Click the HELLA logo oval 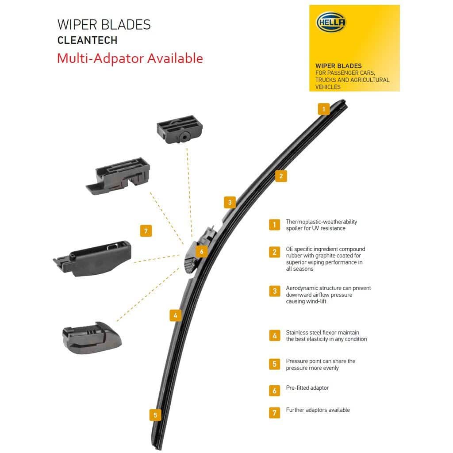pyautogui.click(x=331, y=22)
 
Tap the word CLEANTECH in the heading pyautogui.click(x=87, y=40)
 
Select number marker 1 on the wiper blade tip pyautogui.click(x=324, y=109)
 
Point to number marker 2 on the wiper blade pyautogui.click(x=280, y=176)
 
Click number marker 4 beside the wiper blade pyautogui.click(x=176, y=315)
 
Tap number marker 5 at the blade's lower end pyautogui.click(x=155, y=415)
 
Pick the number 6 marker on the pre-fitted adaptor pyautogui.click(x=201, y=252)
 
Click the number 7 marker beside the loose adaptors pyautogui.click(x=146, y=230)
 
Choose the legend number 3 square pyautogui.click(x=274, y=291)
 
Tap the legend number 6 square pyautogui.click(x=274, y=391)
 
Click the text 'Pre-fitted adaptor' pyautogui.click(x=307, y=388)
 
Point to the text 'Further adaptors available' pyautogui.click(x=318, y=410)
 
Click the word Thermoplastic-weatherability pyautogui.click(x=321, y=222)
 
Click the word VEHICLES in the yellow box pyautogui.click(x=328, y=87)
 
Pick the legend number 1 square pyautogui.click(x=274, y=225)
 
